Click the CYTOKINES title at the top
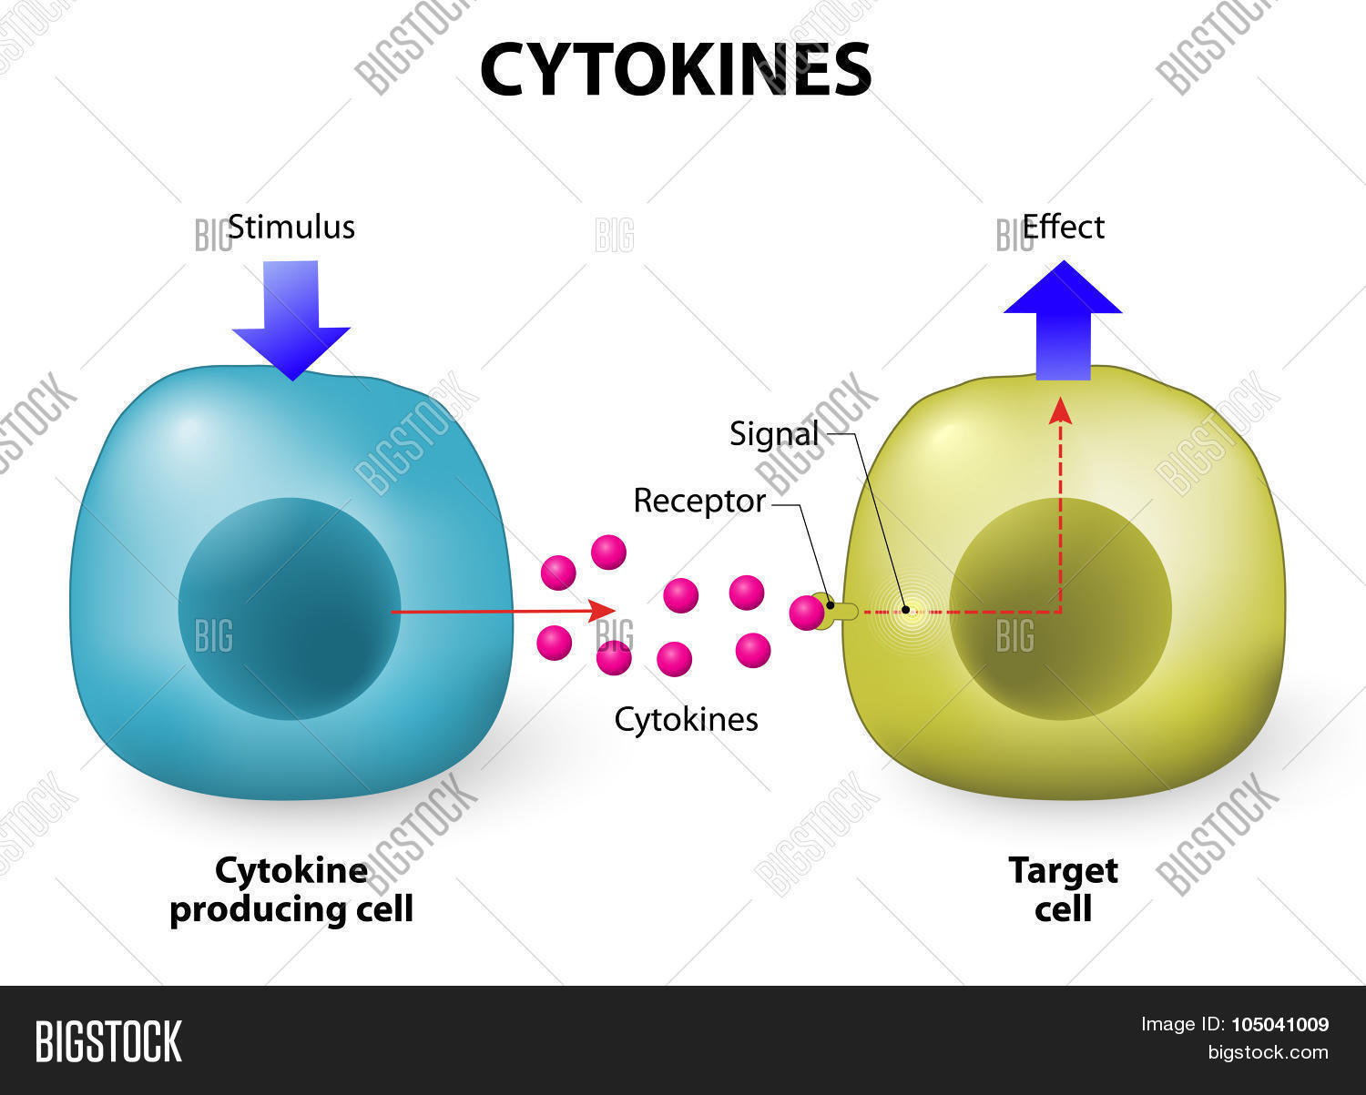click(x=675, y=69)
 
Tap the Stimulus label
click(x=291, y=227)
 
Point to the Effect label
click(x=1063, y=227)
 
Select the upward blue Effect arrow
click(x=1063, y=319)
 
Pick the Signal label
click(x=774, y=434)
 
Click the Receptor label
click(x=698, y=501)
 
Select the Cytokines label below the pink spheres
click(x=686, y=719)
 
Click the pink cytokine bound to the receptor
click(x=806, y=613)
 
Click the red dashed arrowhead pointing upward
click(x=1060, y=411)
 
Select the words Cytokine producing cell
click(x=291, y=889)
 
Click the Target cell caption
click(x=1063, y=889)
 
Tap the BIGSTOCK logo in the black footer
click(x=108, y=1041)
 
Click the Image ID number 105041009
click(x=1279, y=1025)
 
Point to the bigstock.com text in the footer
click(x=1268, y=1053)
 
